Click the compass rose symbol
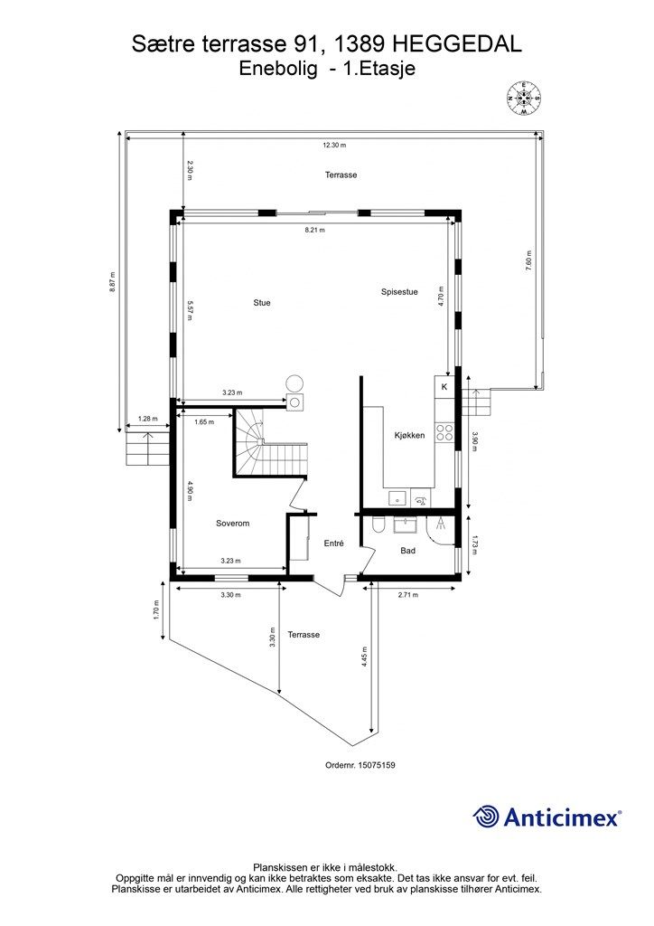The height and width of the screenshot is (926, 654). [523, 98]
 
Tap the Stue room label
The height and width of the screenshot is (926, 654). [262, 303]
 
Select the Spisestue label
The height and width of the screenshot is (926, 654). [399, 292]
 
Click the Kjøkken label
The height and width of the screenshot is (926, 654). [409, 436]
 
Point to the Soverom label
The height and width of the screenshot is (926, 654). [232, 524]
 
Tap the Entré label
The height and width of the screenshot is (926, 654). [334, 543]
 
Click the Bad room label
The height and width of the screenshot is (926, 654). [407, 551]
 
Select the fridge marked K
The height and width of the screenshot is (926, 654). [444, 387]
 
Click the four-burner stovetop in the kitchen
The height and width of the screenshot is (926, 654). [444, 433]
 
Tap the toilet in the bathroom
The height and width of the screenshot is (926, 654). [379, 524]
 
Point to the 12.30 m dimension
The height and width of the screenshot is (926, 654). [334, 145]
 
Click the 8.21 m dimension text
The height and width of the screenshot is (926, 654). [314, 231]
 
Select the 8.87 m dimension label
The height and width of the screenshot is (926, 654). [112, 283]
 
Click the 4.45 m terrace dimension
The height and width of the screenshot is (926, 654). [365, 657]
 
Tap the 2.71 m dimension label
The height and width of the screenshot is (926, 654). [408, 595]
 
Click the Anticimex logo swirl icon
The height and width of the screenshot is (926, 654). [485, 817]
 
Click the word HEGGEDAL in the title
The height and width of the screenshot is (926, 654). [455, 44]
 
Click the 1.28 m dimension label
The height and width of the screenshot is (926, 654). [147, 420]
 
